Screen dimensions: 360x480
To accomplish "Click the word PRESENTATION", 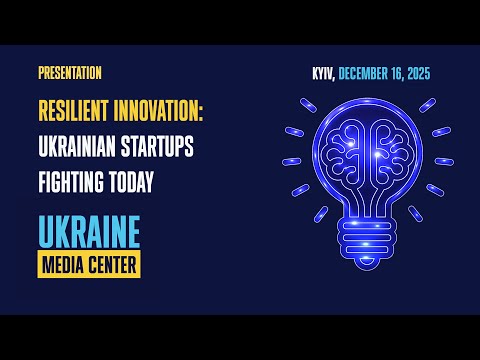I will [x=69, y=73].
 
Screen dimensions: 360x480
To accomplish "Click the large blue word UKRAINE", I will [x=89, y=232].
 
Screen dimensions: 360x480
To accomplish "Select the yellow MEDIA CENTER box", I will [x=89, y=264].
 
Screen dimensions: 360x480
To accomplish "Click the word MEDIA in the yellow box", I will [x=64, y=264].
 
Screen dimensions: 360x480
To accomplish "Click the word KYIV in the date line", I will [x=323, y=74].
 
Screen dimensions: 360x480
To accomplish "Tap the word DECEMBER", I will [x=371, y=74].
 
